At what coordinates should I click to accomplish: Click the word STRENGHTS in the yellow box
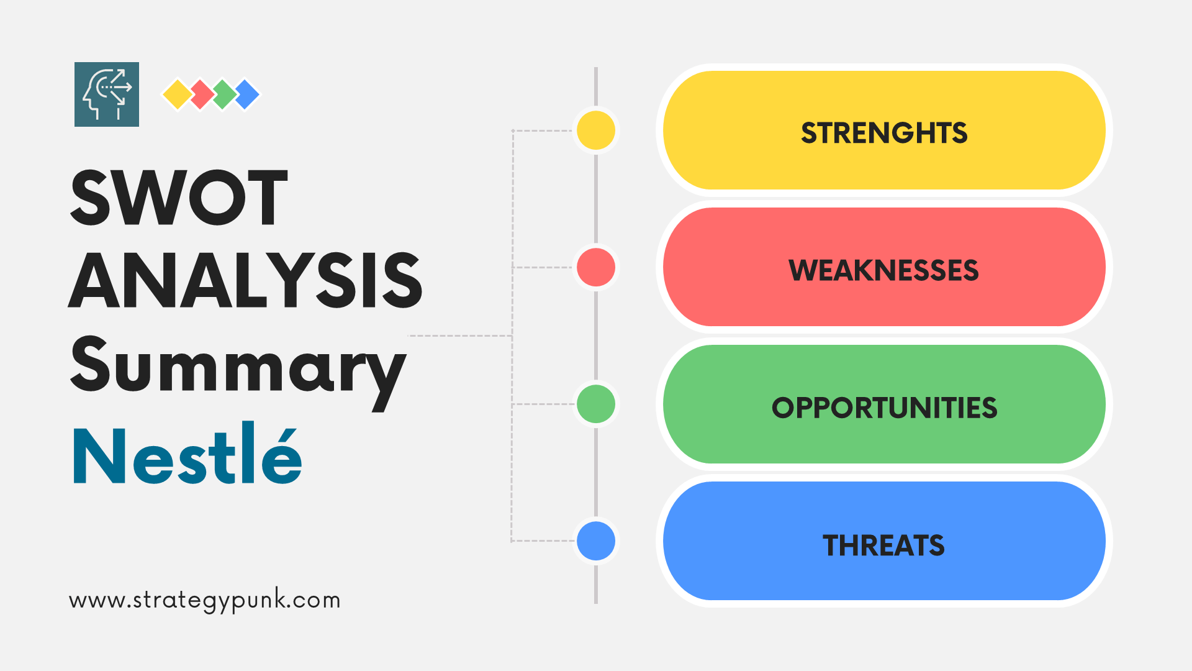[884, 133]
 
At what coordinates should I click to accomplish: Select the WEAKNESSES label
[883, 270]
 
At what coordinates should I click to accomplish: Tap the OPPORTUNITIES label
[884, 408]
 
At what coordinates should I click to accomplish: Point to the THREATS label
[883, 545]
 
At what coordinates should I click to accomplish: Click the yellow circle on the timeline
[596, 130]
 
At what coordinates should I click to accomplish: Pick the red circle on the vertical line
[596, 267]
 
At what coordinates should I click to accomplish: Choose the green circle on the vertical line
[596, 404]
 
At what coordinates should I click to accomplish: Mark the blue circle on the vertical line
[596, 541]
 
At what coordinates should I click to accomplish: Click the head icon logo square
[107, 94]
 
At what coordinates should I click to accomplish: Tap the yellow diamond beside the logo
[178, 94]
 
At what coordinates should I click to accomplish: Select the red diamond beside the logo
[201, 94]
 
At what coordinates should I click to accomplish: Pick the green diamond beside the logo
[224, 94]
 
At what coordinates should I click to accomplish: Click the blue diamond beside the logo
[248, 94]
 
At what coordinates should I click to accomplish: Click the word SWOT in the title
[179, 198]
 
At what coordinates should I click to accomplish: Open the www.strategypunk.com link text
[205, 601]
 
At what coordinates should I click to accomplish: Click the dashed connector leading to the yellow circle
[541, 130]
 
